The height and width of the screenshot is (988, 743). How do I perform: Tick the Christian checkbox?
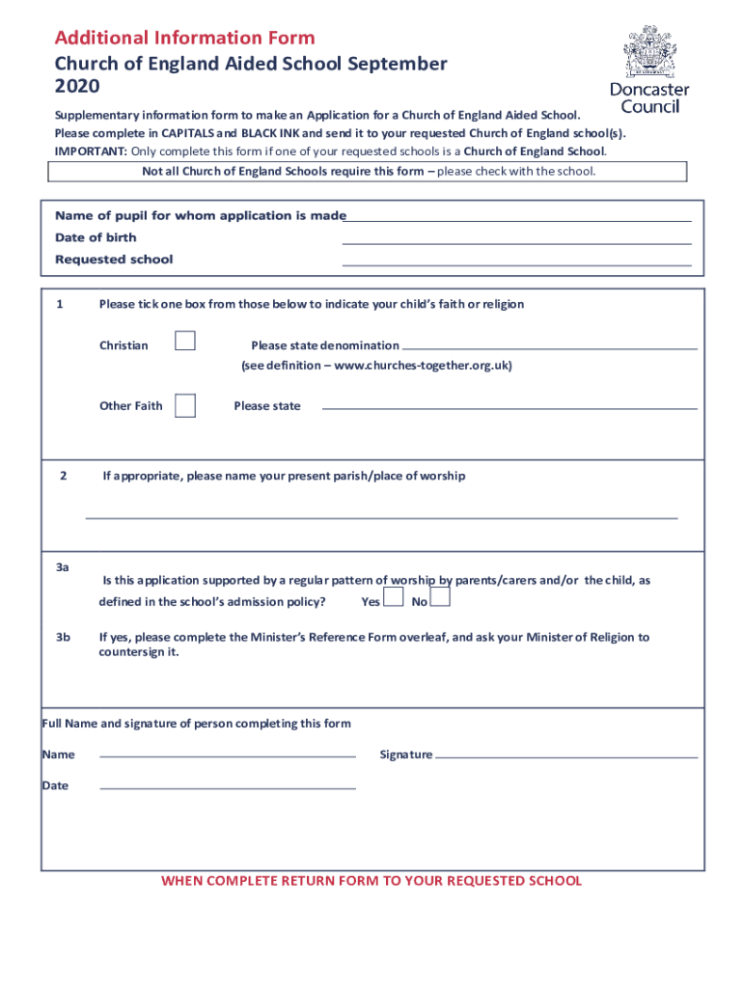tap(185, 341)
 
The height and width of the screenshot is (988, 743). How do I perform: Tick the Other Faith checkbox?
tap(185, 405)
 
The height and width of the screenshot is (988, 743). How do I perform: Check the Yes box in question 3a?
tap(393, 598)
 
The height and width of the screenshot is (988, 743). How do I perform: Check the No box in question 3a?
tap(440, 598)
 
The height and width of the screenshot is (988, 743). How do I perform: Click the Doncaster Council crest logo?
tap(649, 54)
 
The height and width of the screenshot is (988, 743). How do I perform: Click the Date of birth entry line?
tap(516, 242)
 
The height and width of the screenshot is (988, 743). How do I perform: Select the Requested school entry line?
tap(516, 263)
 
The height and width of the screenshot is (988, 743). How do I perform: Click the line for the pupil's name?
tap(519, 220)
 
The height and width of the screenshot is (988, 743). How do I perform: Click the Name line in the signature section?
tap(228, 756)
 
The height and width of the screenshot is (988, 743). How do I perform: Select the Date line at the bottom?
tap(228, 787)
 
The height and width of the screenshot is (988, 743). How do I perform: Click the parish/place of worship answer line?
tap(381, 517)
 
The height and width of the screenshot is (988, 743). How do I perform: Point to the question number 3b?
tap(64, 637)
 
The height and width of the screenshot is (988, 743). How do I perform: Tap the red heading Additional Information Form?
tap(184, 39)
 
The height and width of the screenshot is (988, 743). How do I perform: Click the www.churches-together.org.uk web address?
tap(421, 366)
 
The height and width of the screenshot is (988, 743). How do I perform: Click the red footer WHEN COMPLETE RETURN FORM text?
tap(371, 881)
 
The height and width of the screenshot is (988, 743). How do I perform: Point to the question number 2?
tap(63, 476)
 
